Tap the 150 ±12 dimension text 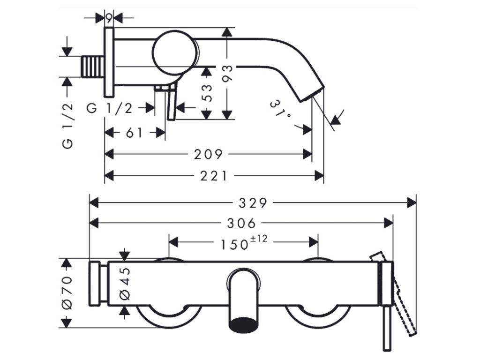coord(241,243)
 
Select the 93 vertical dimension coord(227,74)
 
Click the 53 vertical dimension coord(207,92)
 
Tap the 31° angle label coord(281,111)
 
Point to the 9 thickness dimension coord(109,18)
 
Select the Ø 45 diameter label coord(125,284)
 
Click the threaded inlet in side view coord(93,66)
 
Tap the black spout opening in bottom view coord(243,324)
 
